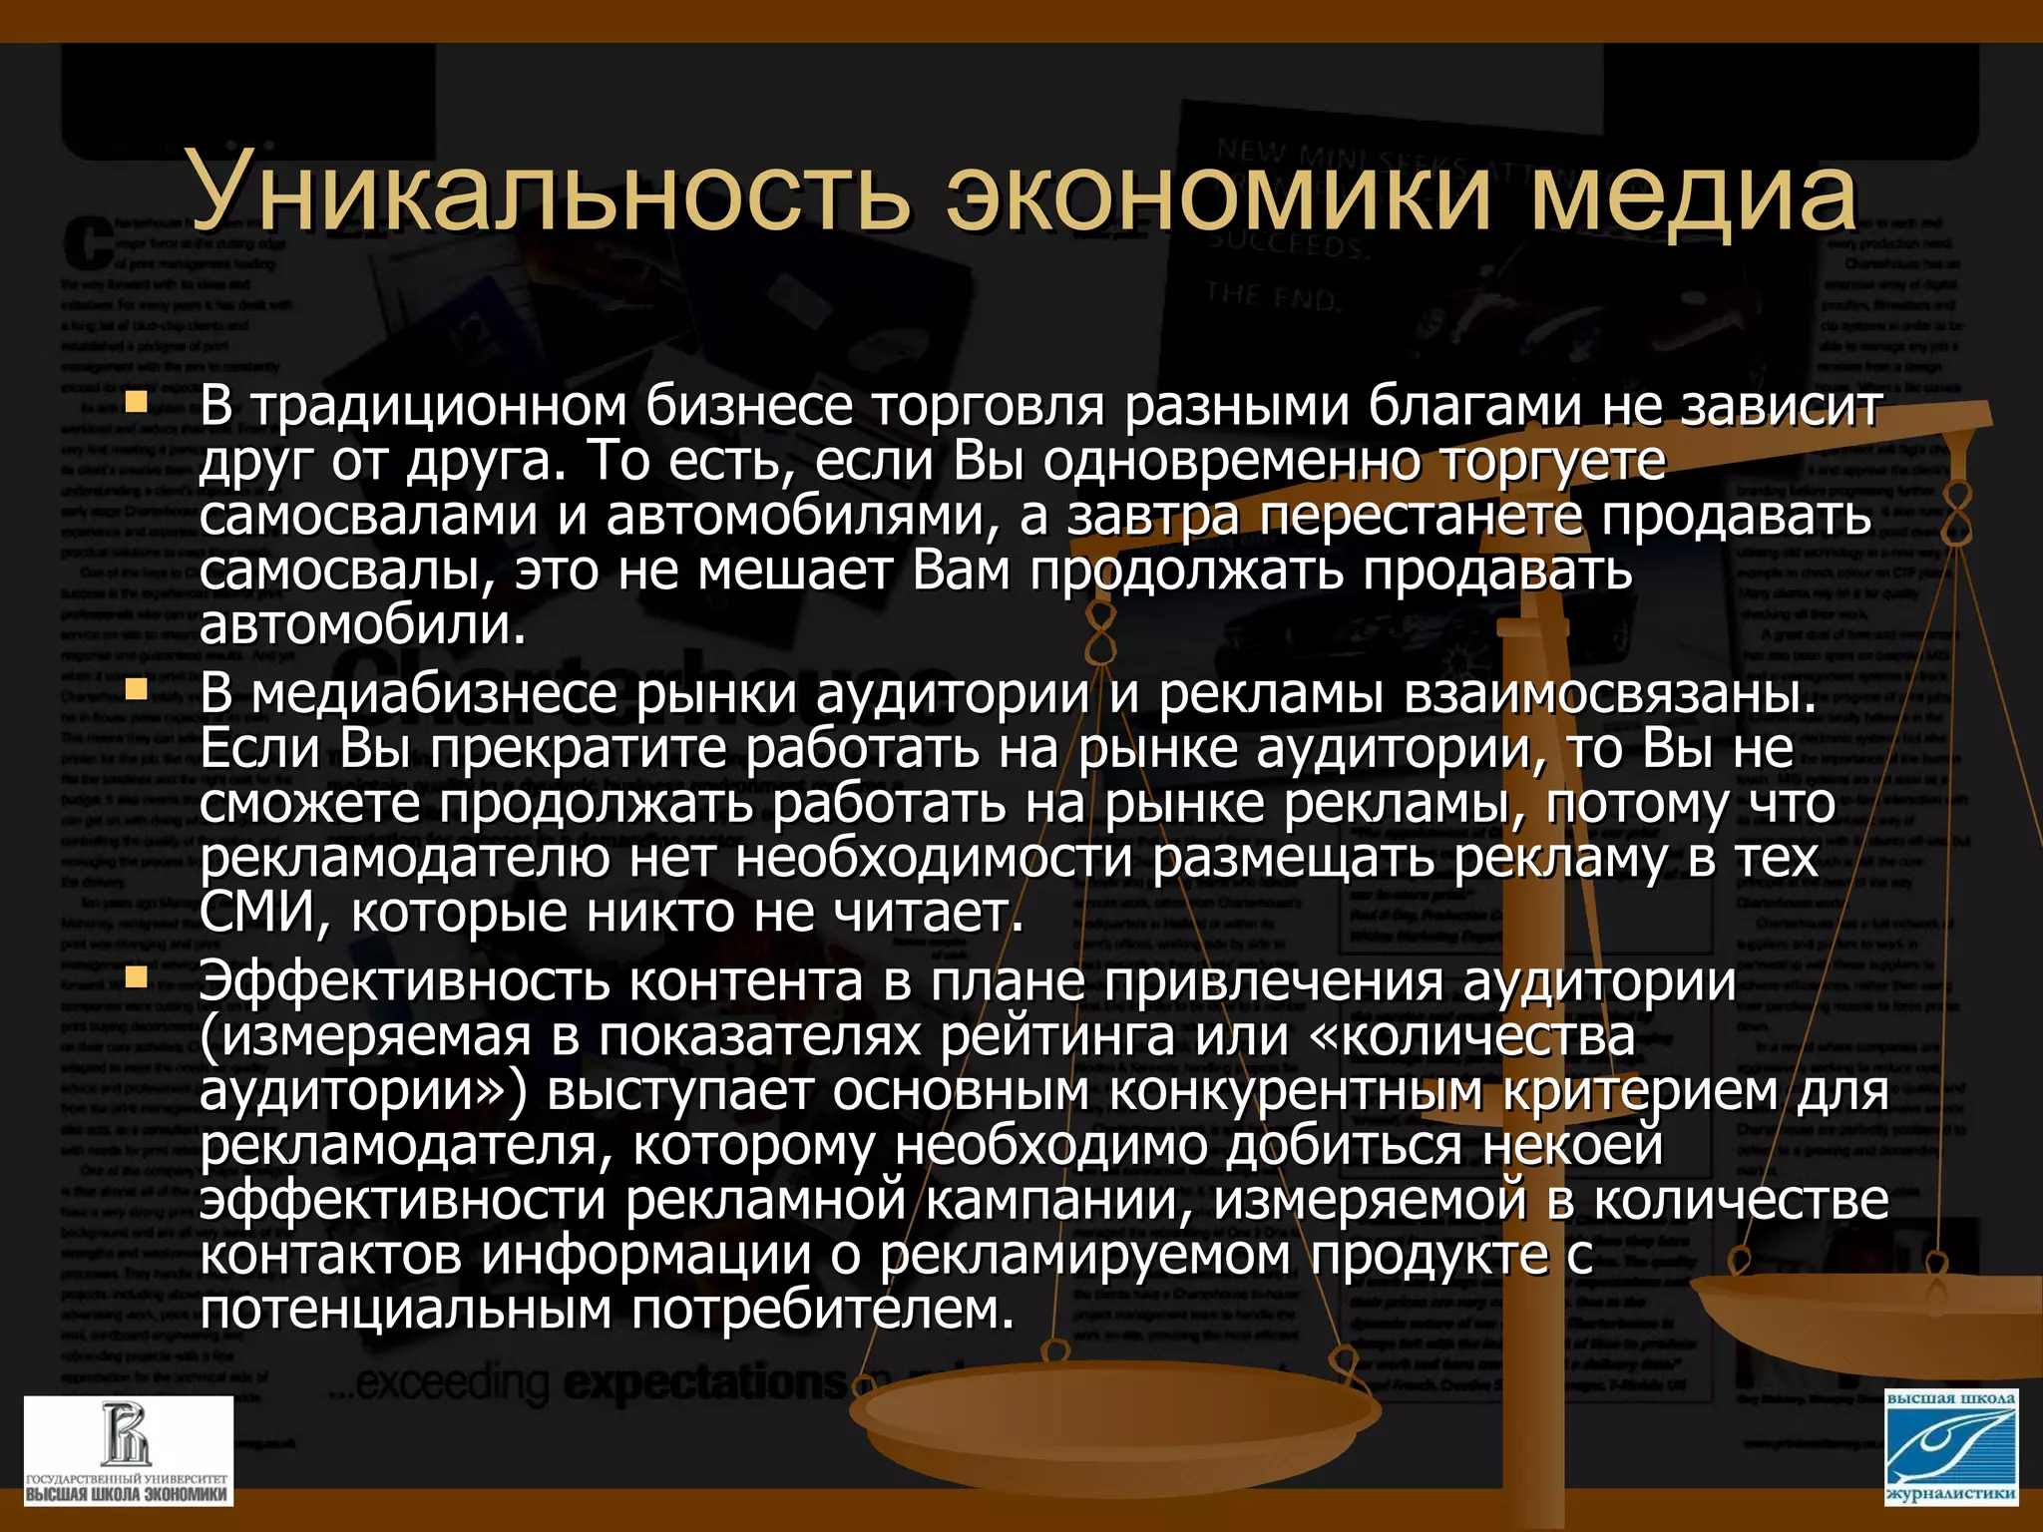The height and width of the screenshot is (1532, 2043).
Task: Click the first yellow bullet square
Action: click(136, 404)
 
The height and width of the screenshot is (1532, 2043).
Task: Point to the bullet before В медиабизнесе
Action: click(136, 689)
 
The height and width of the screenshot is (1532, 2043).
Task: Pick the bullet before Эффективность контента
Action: click(136, 977)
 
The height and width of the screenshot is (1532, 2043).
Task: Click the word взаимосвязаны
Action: click(1611, 694)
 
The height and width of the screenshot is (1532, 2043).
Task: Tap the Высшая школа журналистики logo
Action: click(1950, 1447)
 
